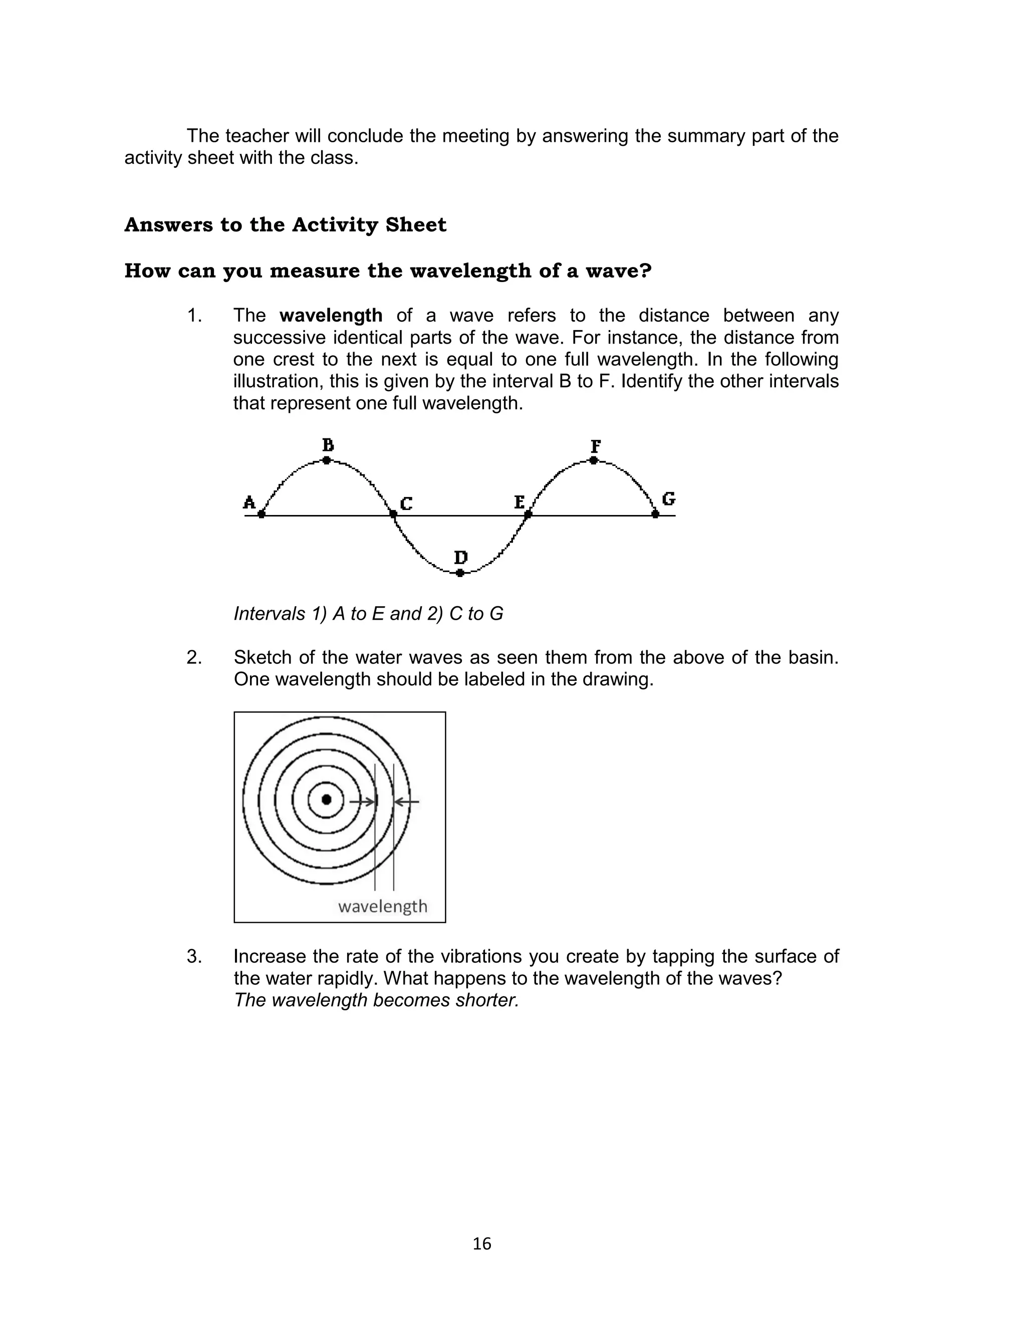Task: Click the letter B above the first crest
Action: [x=328, y=444]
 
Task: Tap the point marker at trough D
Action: [x=460, y=573]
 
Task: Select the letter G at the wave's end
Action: [x=669, y=499]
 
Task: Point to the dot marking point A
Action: [x=262, y=514]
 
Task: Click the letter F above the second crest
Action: [x=596, y=446]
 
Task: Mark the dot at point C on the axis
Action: [x=393, y=514]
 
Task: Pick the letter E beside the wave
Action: [x=519, y=502]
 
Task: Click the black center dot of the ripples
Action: [x=326, y=799]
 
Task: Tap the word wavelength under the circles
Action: [x=382, y=906]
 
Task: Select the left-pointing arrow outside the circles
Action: [x=407, y=801]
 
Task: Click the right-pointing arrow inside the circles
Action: [x=363, y=801]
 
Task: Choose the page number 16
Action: [x=482, y=1244]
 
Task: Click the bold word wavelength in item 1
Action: [x=331, y=316]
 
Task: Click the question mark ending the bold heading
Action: [x=646, y=271]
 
